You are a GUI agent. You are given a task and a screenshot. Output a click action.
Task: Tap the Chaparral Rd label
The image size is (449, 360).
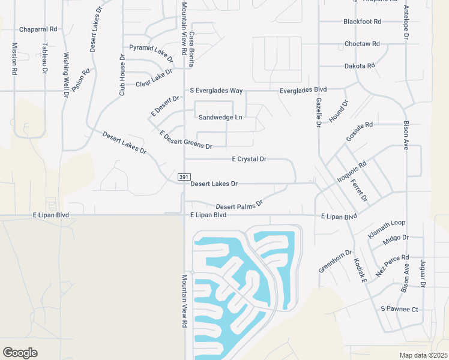(x=38, y=29)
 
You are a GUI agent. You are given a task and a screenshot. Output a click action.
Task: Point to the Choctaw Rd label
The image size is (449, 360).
(x=362, y=44)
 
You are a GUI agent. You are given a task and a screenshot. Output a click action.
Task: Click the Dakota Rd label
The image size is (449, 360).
(x=360, y=66)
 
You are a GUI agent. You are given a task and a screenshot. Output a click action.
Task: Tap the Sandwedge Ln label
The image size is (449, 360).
(x=220, y=118)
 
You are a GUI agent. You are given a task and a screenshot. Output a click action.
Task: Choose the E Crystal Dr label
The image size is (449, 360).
(x=249, y=159)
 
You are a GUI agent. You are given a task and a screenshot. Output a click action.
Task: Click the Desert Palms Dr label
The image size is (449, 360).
(x=240, y=205)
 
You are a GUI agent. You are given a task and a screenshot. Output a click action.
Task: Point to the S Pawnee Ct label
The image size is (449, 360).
(x=399, y=309)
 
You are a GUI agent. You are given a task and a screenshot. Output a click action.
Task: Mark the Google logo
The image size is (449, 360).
(x=20, y=353)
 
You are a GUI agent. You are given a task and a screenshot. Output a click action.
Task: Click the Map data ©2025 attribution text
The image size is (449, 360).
(x=423, y=355)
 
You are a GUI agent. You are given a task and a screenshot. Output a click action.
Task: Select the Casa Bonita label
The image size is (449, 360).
(x=193, y=48)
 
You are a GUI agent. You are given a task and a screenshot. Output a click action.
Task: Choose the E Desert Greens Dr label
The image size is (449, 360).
(x=185, y=140)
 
